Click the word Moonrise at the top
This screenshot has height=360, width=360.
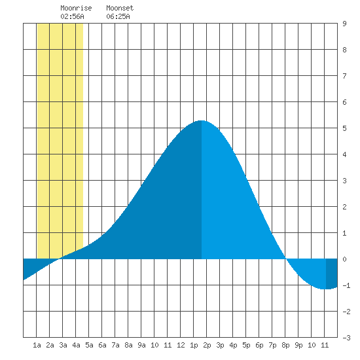point(76,8)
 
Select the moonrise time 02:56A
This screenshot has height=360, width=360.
point(72,16)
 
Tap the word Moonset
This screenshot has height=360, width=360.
point(120,8)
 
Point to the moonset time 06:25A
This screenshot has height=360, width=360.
point(118,16)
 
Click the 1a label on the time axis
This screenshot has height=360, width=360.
point(37,345)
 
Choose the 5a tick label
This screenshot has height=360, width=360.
point(89,345)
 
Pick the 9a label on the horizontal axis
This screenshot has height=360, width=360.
point(141,345)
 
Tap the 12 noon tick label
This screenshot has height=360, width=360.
point(181,345)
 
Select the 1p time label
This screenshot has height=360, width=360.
point(194,345)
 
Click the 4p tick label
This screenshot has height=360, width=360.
point(233,345)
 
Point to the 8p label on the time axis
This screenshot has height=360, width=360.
point(285,345)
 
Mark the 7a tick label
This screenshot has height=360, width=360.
point(115,345)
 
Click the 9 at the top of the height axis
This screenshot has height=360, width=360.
point(344,24)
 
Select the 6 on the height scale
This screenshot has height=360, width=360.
point(344,102)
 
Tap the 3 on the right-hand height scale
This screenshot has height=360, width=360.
point(344,181)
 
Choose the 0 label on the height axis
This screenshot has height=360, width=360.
point(344,259)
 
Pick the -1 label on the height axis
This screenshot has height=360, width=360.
point(346,285)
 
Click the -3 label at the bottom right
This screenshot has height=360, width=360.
point(346,338)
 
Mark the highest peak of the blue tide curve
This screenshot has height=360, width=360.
point(202,120)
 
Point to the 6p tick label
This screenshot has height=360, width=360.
point(259,345)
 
